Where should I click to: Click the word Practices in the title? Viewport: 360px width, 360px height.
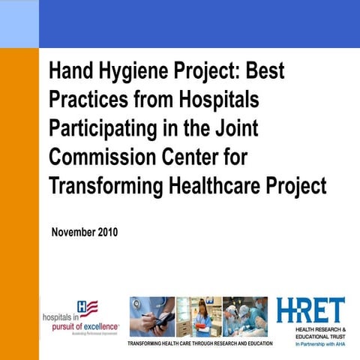83,100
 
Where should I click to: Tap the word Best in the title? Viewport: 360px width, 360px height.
265,73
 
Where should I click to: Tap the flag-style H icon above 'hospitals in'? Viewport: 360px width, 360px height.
87,307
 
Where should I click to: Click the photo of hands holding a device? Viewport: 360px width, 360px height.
151,316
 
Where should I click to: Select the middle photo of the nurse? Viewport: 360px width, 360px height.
198,316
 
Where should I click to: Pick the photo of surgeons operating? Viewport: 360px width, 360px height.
244,316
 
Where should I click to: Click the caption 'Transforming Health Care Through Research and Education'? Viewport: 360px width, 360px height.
201,343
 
